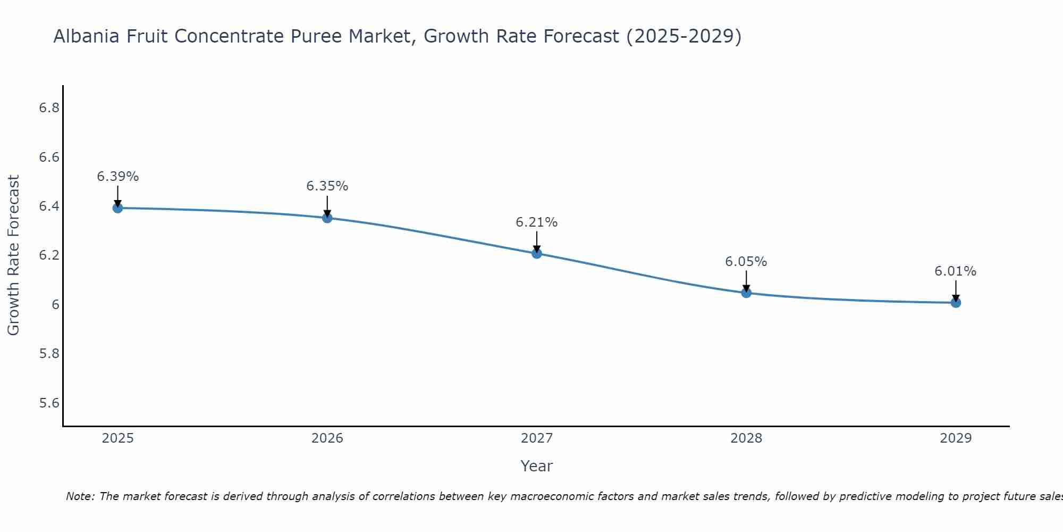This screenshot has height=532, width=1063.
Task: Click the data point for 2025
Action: (x=117, y=208)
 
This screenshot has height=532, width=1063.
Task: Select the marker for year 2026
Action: (x=327, y=218)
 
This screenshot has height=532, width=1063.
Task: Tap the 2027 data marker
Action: (x=536, y=253)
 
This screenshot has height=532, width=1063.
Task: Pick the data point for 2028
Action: (x=746, y=293)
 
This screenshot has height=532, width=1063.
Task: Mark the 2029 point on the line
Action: (x=955, y=303)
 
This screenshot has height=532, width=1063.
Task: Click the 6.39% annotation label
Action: (x=117, y=177)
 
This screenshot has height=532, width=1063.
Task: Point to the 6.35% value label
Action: (x=327, y=186)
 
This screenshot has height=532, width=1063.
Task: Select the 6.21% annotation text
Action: (x=536, y=222)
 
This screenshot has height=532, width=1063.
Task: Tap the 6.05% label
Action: (x=746, y=262)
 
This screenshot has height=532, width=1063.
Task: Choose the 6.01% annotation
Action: (x=955, y=271)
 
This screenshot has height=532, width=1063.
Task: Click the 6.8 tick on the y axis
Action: (x=49, y=108)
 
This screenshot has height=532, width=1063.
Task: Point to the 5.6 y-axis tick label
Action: (x=49, y=403)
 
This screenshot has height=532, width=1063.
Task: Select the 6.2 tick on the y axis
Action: (x=49, y=255)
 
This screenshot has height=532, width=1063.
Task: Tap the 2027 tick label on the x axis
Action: (x=536, y=438)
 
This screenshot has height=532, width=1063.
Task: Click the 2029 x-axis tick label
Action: (x=955, y=438)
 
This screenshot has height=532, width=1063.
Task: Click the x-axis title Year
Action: (x=536, y=466)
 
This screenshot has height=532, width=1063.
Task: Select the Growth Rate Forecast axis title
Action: (x=13, y=255)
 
